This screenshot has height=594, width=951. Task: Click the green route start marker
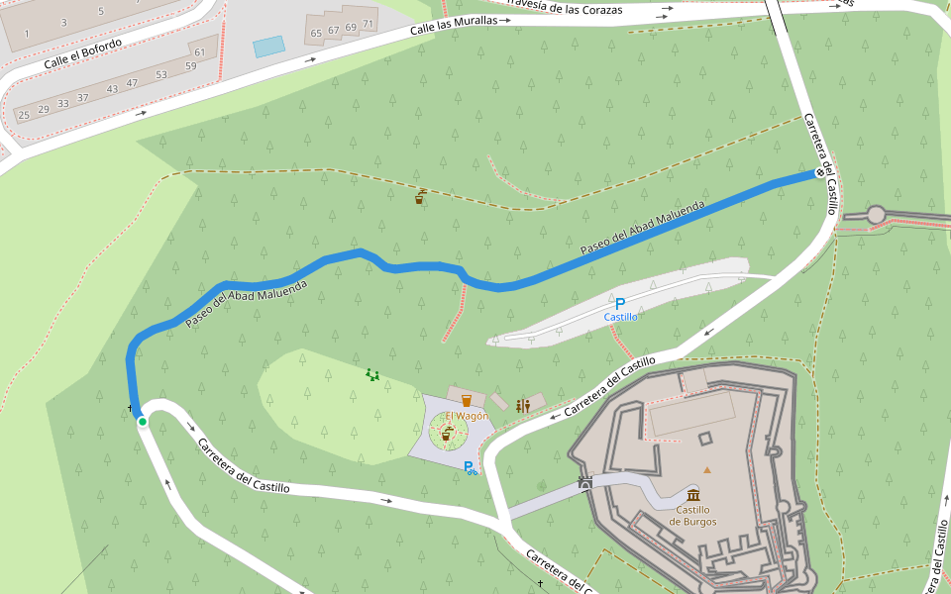143,423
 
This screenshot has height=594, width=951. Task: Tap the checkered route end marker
819,173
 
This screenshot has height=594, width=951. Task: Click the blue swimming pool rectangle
268,47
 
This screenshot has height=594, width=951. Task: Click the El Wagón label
467,416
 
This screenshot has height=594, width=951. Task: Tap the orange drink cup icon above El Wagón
467,401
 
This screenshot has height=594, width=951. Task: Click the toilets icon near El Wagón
523,405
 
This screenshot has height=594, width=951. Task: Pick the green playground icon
372,374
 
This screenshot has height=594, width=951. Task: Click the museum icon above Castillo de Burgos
692,494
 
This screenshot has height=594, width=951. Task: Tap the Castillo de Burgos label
692,515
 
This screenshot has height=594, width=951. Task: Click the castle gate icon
585,483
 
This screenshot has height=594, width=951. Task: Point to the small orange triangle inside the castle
707,469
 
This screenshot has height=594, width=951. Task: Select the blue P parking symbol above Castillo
621,303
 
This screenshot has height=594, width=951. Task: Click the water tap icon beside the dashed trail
420,197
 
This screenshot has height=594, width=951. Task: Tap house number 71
368,24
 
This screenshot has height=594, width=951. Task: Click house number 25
24,115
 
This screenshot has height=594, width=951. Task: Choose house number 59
190,66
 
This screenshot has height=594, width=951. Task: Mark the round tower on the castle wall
876,215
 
